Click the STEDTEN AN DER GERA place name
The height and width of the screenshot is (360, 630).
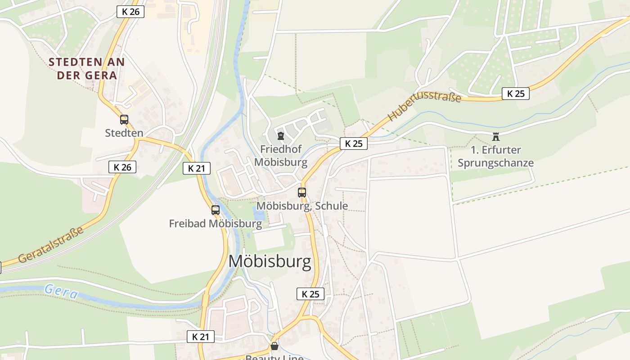point(86,68)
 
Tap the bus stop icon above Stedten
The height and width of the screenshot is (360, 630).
point(124,120)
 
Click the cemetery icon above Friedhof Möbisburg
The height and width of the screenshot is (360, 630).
point(281,135)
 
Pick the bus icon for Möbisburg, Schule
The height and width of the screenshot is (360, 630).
point(302,193)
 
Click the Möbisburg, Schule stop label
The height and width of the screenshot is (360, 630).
point(302,206)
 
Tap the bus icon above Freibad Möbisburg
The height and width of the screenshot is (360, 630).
point(216,210)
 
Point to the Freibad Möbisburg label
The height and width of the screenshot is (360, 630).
point(216,223)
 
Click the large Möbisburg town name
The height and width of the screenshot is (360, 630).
point(270,261)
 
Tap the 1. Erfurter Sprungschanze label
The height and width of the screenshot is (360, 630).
point(495,156)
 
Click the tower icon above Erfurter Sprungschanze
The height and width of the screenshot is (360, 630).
point(496,136)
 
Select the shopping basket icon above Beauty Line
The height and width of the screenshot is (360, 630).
point(274,346)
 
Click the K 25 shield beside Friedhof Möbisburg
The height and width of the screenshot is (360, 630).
point(353,144)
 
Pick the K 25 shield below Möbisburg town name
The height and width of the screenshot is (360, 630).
point(310,294)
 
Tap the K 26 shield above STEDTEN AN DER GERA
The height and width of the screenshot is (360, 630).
point(130,12)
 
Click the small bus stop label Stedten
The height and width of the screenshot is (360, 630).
point(124,133)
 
